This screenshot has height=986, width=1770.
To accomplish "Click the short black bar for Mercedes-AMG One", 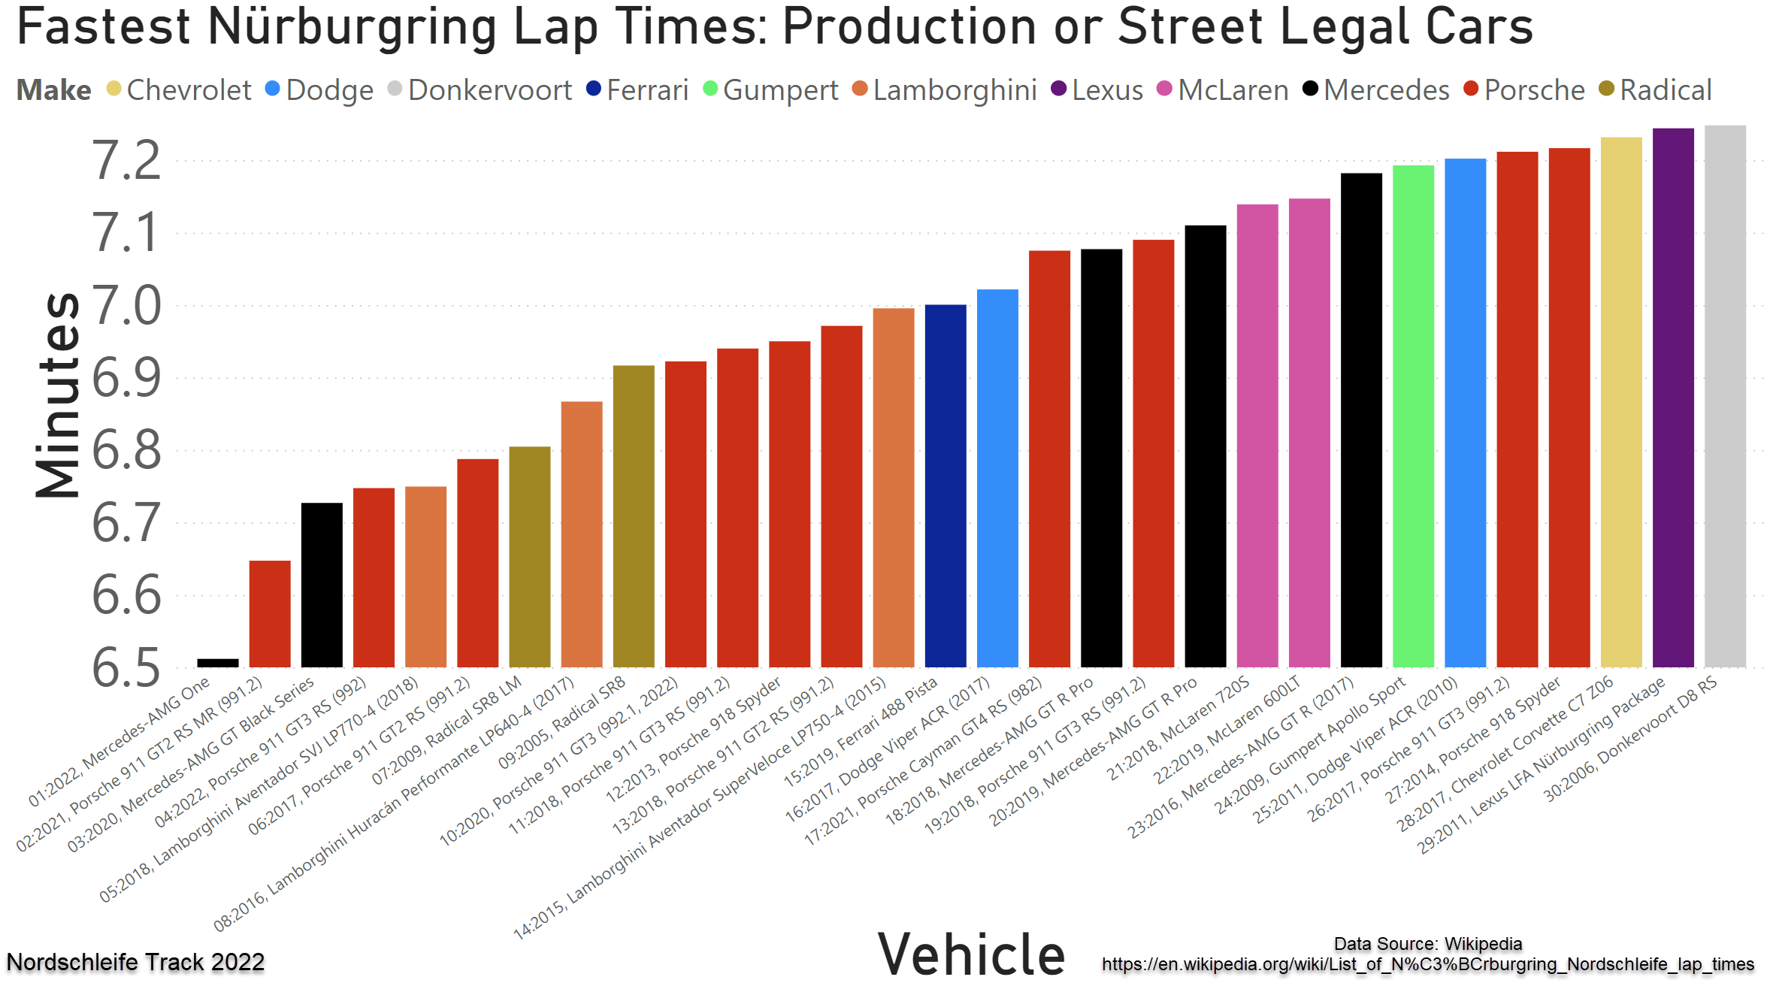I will pyautogui.click(x=218, y=663).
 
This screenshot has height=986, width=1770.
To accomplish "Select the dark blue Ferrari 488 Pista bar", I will pyautogui.click(x=946, y=485).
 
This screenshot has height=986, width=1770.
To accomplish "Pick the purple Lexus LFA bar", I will pyautogui.click(x=1673, y=398).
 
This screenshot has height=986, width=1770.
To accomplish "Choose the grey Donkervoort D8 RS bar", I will pyautogui.click(x=1725, y=396).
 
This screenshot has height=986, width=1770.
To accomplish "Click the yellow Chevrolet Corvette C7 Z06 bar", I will pyautogui.click(x=1621, y=402).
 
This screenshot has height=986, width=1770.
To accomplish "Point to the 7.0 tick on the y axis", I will pyautogui.click(x=126, y=306).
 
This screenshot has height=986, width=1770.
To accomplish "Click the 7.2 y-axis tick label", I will pyautogui.click(x=126, y=161).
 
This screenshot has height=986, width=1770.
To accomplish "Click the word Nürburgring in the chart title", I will pyautogui.click(x=352, y=27).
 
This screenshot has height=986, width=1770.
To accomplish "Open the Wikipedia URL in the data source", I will pyautogui.click(x=1428, y=964).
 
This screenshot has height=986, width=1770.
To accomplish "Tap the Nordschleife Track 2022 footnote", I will pyautogui.click(x=135, y=962).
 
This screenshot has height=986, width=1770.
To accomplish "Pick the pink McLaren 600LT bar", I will pyautogui.click(x=1309, y=432).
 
